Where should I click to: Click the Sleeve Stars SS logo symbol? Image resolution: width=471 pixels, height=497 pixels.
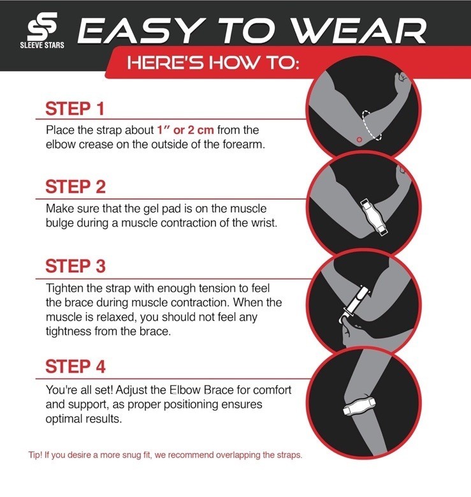pos(42,26)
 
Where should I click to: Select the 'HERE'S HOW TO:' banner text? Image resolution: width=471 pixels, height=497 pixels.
pos(213,63)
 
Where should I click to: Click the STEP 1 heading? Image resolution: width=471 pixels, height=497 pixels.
pos(75,108)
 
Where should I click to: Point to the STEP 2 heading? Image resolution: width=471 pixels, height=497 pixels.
pos(75,187)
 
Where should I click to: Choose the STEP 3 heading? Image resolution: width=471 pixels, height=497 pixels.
pos(75,266)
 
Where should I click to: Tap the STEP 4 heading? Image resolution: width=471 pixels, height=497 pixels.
pos(75,366)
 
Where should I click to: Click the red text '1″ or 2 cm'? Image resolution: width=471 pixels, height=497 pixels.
pos(185,130)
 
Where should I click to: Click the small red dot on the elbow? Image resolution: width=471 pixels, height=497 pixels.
pos(359,140)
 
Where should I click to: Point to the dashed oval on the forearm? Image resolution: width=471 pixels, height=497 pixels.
pos(372,125)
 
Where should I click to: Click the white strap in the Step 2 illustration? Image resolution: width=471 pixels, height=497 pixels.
pos(374,217)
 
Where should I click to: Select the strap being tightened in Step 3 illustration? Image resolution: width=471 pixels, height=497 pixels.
pos(354,304)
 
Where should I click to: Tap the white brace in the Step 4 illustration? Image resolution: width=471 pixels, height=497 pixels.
pos(359,406)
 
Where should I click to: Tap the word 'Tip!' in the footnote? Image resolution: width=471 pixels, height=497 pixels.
pos(35,455)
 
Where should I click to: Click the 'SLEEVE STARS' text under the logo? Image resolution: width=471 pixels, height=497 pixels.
pos(42,45)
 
